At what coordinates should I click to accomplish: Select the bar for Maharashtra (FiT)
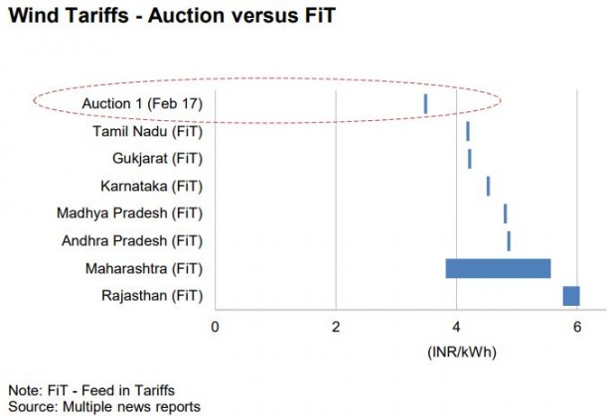click(x=498, y=268)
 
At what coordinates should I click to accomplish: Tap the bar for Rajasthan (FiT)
click(x=570, y=296)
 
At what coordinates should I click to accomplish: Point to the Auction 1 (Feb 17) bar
click(x=425, y=103)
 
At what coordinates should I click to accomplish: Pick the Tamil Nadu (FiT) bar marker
click(x=467, y=131)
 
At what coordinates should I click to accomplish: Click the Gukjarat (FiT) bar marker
click(x=469, y=159)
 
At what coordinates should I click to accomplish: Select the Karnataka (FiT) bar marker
click(x=488, y=186)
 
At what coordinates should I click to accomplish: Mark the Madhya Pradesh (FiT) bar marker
click(x=505, y=213)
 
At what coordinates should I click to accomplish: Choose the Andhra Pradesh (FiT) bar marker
click(x=509, y=241)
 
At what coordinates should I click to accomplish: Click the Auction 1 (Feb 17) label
click(x=144, y=103)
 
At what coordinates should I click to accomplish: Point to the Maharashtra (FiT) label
click(x=145, y=268)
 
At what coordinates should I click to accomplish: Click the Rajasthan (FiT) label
click(x=152, y=296)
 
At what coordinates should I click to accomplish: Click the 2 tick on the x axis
click(x=336, y=327)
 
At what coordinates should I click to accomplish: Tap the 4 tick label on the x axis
click(x=457, y=327)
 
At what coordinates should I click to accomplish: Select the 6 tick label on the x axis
click(x=577, y=327)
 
